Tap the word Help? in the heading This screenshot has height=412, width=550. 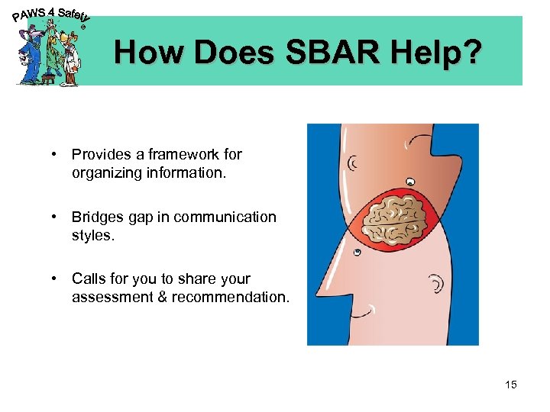tap(446, 53)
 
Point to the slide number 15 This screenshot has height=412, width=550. tap(510, 385)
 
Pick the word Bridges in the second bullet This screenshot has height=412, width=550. tap(98, 217)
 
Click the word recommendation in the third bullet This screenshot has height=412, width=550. tap(230, 297)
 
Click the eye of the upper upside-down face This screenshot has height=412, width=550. tap(410, 182)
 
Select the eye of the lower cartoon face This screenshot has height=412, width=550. tap(357, 253)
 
